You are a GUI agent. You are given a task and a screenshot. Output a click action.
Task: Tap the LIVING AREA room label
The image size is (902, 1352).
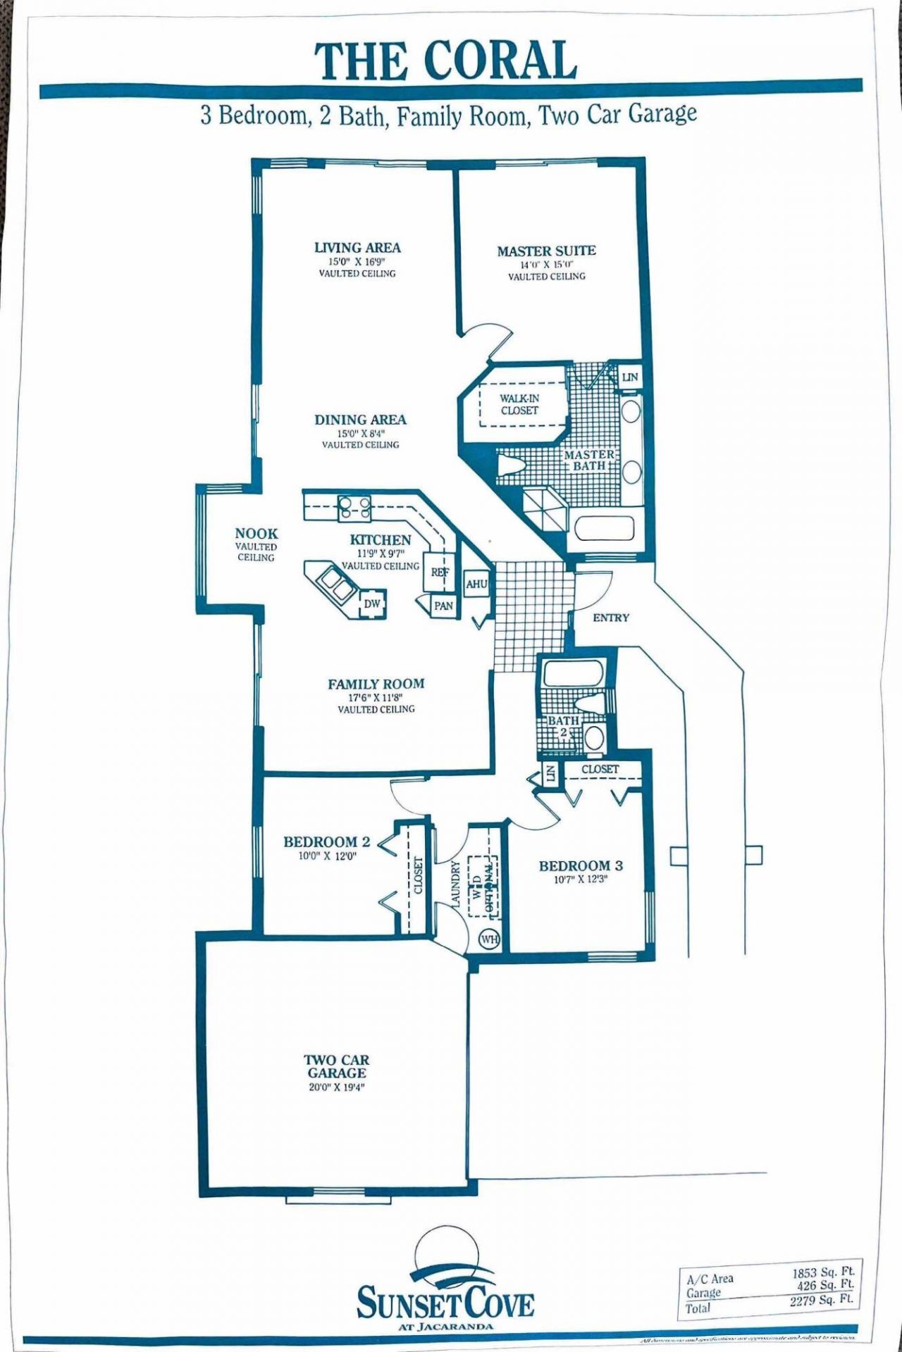357,248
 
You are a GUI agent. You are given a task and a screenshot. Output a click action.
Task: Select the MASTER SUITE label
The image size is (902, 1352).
546,251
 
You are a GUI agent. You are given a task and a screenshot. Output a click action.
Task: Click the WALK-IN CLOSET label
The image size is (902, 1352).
519,404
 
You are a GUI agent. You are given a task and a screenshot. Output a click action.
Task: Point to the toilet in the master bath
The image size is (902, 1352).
510,465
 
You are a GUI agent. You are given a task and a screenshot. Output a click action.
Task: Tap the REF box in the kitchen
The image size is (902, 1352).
440,572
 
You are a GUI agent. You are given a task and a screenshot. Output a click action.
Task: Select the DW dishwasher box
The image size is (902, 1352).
372,604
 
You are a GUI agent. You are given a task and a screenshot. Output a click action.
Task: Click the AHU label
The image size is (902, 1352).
476,584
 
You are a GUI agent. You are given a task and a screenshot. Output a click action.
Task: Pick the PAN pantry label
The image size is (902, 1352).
443,606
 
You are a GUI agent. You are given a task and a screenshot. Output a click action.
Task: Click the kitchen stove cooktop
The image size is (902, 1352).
354,508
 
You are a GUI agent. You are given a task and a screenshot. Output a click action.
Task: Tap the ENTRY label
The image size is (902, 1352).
610,618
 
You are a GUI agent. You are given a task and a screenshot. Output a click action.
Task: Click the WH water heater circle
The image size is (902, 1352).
489,939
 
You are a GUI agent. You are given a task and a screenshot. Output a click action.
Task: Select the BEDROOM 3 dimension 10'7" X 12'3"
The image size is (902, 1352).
581,880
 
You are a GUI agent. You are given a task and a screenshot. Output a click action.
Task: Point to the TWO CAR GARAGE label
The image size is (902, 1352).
336,1066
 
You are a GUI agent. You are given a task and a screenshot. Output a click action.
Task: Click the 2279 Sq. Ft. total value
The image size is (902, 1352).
822,1299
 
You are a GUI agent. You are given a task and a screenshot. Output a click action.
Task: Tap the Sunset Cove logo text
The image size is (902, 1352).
445,1303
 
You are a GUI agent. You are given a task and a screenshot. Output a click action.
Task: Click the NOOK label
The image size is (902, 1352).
257,534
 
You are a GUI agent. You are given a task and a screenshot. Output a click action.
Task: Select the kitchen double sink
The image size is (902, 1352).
335,584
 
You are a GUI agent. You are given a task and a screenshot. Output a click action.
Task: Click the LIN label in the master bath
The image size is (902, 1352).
629,377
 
